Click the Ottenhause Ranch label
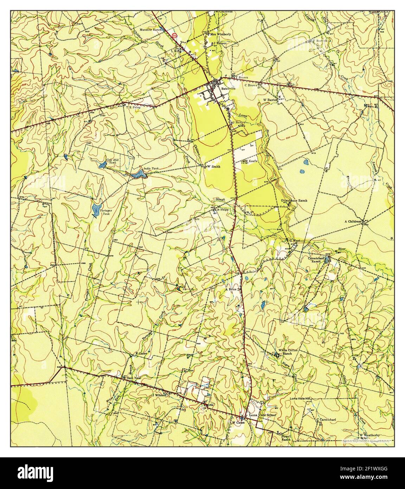tap(294, 201)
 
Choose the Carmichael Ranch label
tap(315, 259)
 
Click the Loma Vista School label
tap(263, 415)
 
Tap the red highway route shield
tap(175, 35)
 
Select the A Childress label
tap(353, 221)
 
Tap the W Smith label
tap(213, 166)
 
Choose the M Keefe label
tap(252, 161)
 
